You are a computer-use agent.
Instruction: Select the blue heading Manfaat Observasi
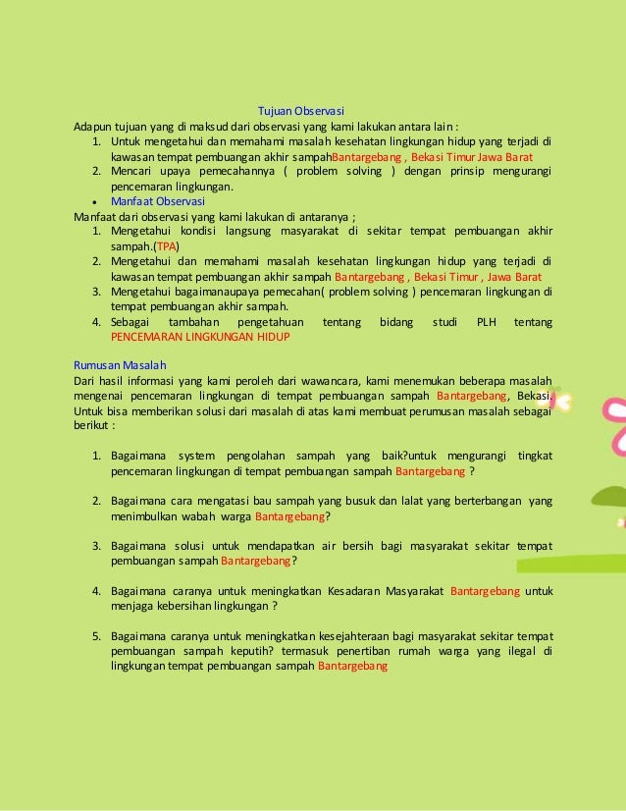pos(150,201)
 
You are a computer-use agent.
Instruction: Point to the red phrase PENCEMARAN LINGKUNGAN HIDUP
pos(200,336)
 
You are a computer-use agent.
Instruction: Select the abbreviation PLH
pos(487,322)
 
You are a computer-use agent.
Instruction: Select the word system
pos(194,456)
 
